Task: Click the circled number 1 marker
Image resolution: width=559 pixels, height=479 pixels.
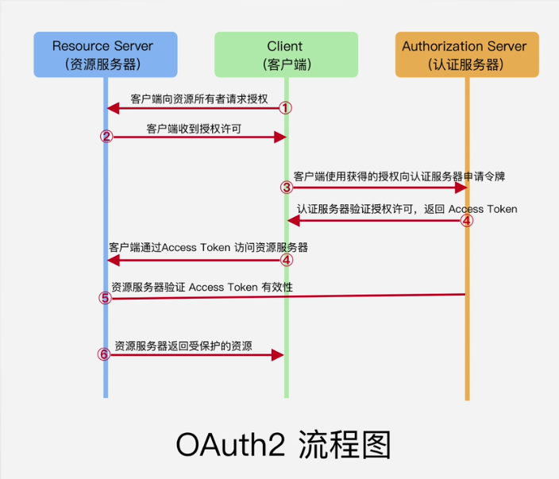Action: [285, 107]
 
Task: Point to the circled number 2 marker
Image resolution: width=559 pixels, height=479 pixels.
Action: [106, 137]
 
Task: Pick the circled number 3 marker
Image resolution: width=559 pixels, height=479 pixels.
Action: [287, 187]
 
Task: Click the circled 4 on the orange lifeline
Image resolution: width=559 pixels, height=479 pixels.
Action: [467, 221]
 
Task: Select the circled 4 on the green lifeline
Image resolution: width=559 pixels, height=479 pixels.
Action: [287, 260]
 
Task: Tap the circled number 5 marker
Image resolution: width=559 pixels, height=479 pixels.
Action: [105, 299]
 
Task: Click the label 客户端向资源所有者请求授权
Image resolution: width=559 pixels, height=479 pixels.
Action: [199, 99]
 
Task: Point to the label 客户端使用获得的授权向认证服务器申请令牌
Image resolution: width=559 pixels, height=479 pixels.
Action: [399, 176]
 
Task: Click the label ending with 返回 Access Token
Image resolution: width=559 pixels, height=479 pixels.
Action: [407, 209]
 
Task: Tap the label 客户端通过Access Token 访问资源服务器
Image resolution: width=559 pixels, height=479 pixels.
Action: [208, 248]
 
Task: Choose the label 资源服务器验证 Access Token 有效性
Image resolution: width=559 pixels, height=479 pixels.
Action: [202, 287]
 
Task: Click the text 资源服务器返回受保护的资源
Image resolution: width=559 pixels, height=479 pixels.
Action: [183, 346]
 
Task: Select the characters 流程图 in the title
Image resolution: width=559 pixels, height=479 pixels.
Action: [345, 445]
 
